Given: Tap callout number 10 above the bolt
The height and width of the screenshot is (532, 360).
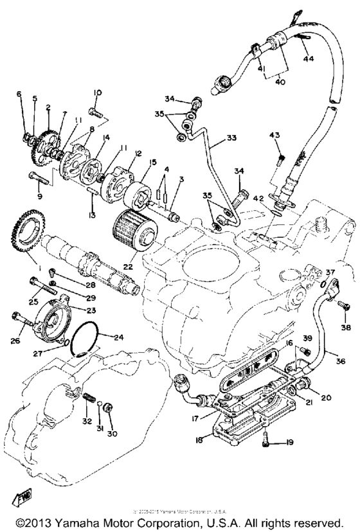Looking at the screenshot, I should [97, 93].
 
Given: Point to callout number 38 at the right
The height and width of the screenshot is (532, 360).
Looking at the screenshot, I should [346, 328].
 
